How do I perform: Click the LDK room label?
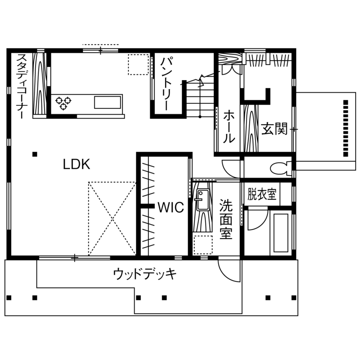pos(77,164)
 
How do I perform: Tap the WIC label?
pos(170,207)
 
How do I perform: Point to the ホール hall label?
pos(229,126)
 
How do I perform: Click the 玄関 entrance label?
pos(274,129)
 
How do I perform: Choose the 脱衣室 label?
pos(262,195)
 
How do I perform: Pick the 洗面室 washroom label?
pos(225,219)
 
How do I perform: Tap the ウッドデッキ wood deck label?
pos(144,274)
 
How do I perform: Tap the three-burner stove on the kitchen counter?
pos(63,103)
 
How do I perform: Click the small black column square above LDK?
pos(35,154)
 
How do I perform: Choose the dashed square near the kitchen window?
pos(138,64)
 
